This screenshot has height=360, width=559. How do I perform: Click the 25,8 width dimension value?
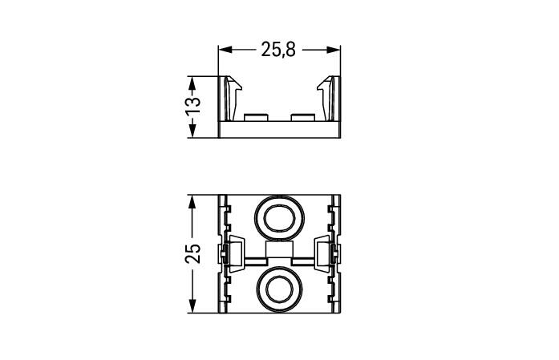[278, 49]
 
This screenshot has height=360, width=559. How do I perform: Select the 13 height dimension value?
[192, 105]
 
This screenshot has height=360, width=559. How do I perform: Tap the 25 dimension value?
[192, 253]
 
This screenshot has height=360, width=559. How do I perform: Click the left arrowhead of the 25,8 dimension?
[225, 50]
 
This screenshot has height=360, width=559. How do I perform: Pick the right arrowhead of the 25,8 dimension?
[334, 50]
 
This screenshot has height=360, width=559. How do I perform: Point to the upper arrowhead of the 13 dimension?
[192, 83]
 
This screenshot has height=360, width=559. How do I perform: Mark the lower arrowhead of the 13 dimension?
[192, 131]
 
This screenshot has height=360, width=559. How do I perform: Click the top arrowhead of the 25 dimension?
[192, 202]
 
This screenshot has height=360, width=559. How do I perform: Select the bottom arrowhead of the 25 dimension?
[192, 306]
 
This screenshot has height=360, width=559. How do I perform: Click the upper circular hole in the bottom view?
[279, 218]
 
